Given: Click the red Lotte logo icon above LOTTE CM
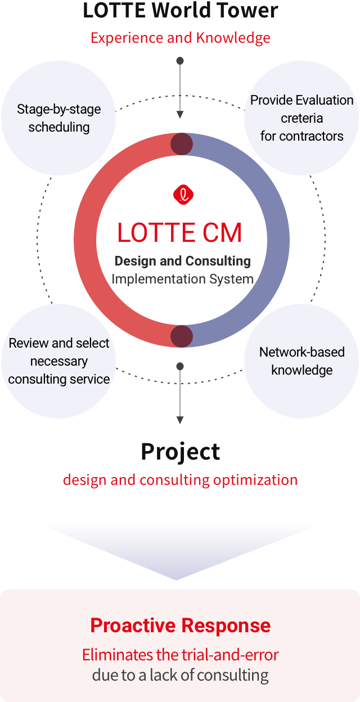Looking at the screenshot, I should (183, 195).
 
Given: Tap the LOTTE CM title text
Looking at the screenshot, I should (180, 233).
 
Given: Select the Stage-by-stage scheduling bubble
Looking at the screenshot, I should (59, 118).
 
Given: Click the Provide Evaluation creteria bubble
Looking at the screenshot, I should (302, 118).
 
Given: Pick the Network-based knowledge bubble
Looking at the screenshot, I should (302, 361).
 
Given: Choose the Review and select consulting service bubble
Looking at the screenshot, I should (59, 361).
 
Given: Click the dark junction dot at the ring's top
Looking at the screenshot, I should (182, 144).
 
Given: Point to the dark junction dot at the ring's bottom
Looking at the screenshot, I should (182, 336).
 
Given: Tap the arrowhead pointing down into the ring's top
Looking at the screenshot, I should (180, 115).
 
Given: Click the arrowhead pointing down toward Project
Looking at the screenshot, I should (180, 420).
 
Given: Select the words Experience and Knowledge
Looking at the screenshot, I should (181, 38).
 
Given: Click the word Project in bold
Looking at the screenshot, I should (180, 451).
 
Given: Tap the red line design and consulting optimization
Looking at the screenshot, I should (180, 480).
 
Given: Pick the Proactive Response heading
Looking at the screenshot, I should (181, 625).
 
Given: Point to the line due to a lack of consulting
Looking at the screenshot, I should (181, 675).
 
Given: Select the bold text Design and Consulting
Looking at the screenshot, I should (183, 261).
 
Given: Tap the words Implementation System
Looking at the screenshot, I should (183, 279).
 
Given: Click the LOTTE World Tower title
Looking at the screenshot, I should (181, 10).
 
